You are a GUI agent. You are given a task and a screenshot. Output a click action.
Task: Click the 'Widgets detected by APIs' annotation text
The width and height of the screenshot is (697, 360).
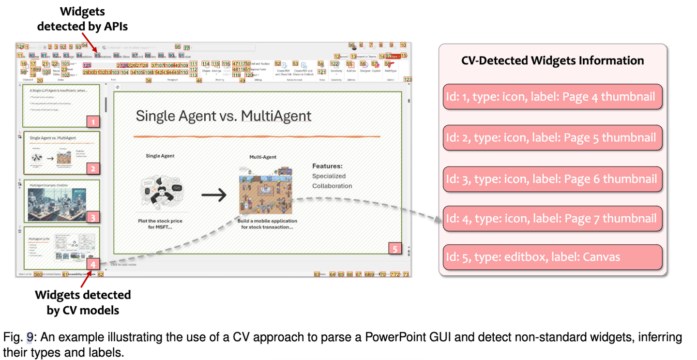[x=83, y=19]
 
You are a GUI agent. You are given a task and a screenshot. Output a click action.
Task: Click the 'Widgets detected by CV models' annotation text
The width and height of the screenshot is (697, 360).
[x=83, y=302]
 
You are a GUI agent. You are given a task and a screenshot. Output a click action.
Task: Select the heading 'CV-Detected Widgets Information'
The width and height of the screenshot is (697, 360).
[x=552, y=60]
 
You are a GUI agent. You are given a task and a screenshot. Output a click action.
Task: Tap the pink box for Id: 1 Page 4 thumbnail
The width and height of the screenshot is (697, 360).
[x=552, y=96]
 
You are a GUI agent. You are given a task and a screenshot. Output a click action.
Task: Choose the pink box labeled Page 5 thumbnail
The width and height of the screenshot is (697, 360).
[x=552, y=137]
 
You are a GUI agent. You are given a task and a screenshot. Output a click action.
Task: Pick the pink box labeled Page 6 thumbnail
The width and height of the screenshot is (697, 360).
[x=552, y=179]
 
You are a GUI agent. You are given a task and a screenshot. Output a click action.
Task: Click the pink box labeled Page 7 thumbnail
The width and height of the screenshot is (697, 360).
[x=552, y=219]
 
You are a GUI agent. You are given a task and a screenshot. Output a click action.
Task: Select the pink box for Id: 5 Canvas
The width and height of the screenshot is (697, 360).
[x=552, y=257]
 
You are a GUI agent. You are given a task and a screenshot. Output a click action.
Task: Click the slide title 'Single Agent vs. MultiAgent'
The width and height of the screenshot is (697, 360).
[x=224, y=116]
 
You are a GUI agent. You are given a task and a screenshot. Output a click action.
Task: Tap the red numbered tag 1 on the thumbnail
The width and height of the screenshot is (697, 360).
[x=93, y=121]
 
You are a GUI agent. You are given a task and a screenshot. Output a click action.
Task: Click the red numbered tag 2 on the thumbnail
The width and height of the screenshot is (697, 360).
[x=93, y=168]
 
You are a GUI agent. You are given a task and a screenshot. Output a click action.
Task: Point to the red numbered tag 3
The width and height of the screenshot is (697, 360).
[x=93, y=217]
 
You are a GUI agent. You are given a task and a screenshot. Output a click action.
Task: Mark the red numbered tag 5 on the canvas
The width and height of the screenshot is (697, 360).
[x=395, y=249]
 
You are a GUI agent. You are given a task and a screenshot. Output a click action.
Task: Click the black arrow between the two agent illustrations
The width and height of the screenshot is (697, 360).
[x=213, y=195]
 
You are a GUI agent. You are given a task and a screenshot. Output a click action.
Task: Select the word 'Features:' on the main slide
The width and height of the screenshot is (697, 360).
[x=327, y=166]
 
